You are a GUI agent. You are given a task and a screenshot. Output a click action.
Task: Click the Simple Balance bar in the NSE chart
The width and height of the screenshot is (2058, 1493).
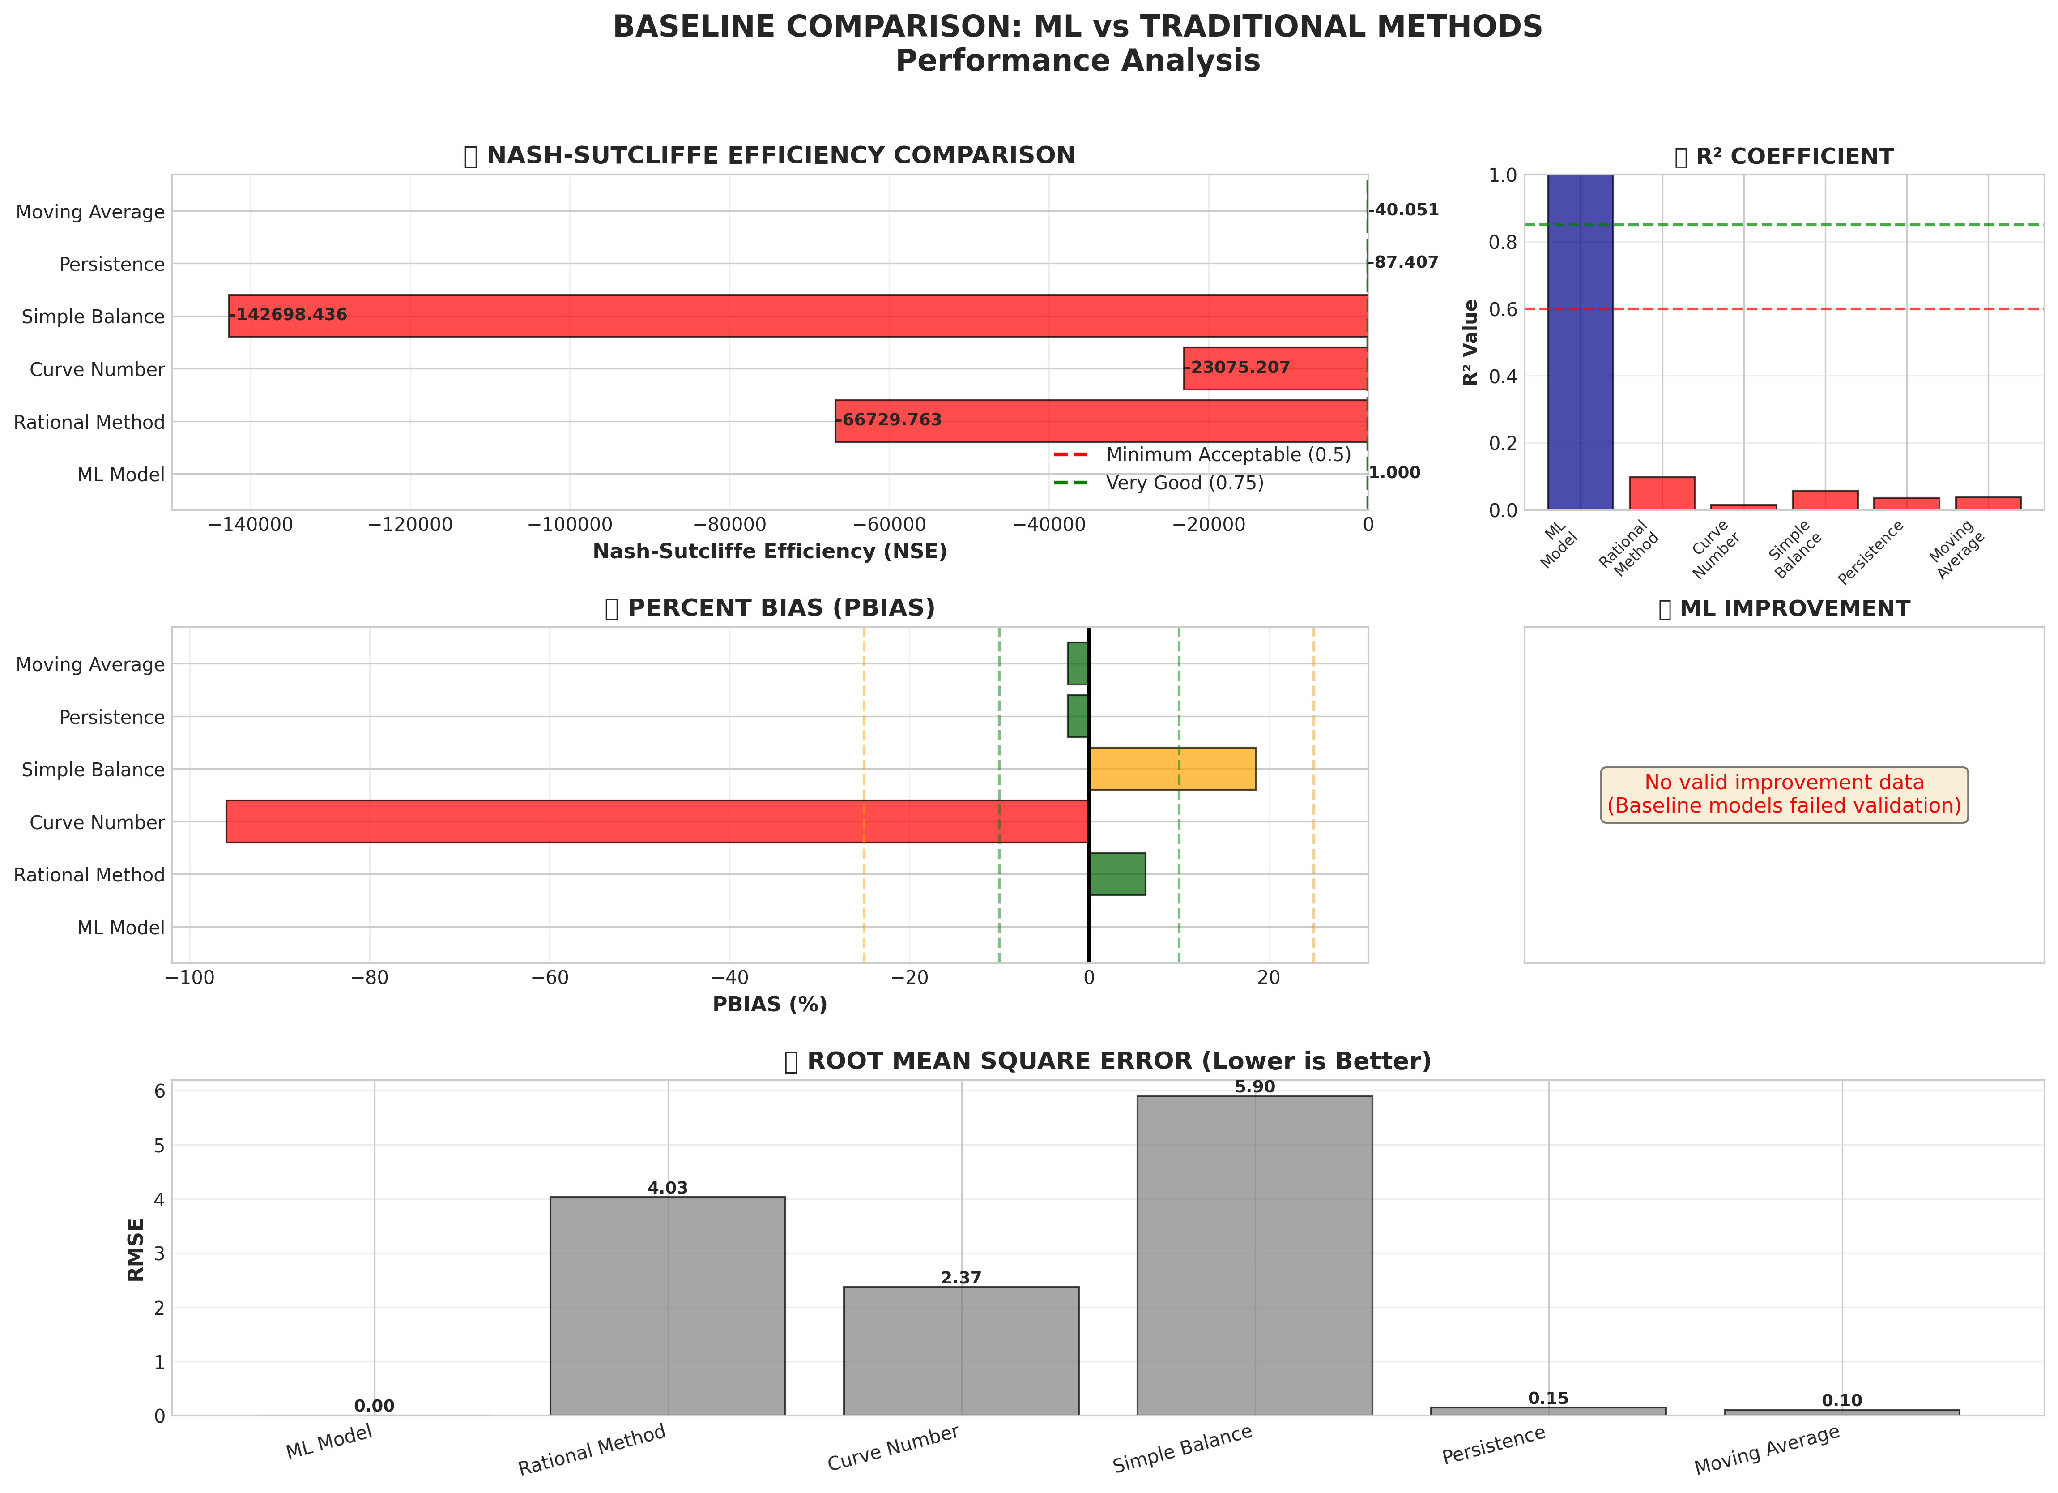[798, 316]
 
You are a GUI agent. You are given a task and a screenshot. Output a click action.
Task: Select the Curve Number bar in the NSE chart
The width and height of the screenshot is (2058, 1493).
[1275, 368]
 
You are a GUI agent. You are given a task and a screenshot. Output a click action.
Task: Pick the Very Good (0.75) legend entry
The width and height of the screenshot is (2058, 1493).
[1184, 483]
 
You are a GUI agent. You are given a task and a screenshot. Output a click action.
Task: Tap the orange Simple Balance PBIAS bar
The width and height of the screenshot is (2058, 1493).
[1172, 769]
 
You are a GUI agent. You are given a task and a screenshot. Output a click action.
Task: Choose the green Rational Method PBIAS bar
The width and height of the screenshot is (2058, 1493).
[1117, 874]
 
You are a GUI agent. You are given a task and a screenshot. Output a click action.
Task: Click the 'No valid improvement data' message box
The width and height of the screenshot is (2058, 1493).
[1784, 794]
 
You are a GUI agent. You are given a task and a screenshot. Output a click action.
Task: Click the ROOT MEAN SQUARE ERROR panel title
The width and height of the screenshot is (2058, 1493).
[1107, 1061]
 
